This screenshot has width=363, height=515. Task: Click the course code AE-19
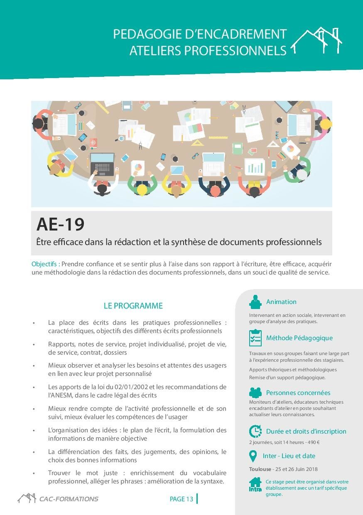click(60, 224)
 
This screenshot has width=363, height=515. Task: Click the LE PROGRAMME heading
click(133, 306)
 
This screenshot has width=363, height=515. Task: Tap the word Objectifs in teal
click(44, 264)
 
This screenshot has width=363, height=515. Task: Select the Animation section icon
click(255, 302)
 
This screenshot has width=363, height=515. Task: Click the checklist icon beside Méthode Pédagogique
click(255, 338)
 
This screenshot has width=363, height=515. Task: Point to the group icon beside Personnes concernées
click(255, 392)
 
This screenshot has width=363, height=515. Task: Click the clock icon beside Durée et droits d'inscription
click(255, 431)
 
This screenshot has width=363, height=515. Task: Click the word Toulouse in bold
click(260, 469)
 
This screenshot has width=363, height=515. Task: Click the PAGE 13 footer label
click(181, 499)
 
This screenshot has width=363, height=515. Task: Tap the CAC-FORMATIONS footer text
click(69, 499)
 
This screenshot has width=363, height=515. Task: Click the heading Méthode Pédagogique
click(299, 338)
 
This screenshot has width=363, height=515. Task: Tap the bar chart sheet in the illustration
click(254, 167)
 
